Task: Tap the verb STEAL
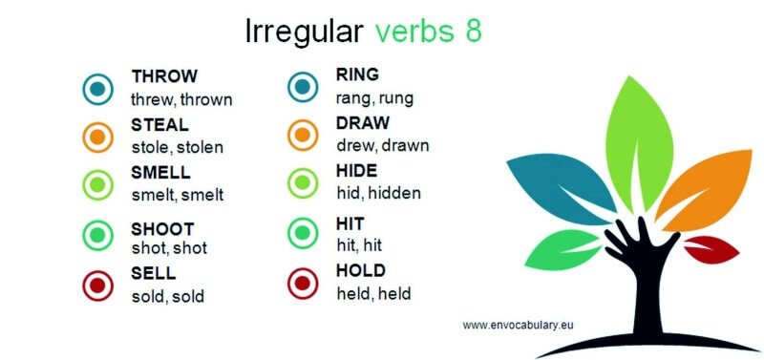(159, 125)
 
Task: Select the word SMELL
(160, 173)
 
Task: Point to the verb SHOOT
(162, 229)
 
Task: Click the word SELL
(153, 275)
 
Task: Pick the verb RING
(357, 74)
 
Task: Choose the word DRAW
(361, 123)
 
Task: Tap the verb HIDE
(356, 171)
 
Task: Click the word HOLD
(360, 271)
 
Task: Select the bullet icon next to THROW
(97, 89)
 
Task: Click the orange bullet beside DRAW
(303, 135)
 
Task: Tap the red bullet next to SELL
(97, 285)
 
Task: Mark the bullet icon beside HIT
(303, 232)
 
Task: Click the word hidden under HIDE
(394, 193)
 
